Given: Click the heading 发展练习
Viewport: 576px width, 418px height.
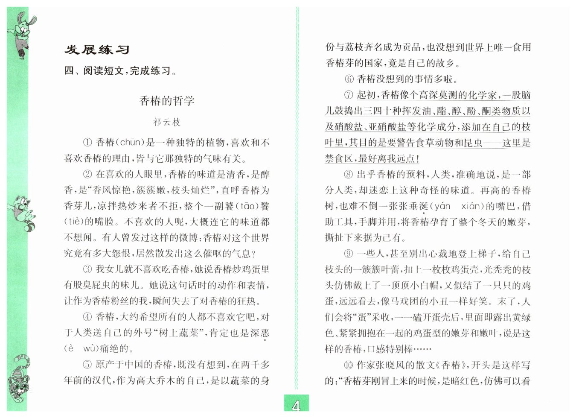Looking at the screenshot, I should click(x=97, y=50).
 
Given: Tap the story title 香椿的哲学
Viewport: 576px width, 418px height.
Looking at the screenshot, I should click(x=167, y=101).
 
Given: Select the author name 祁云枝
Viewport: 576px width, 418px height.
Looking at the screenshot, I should click(x=167, y=123).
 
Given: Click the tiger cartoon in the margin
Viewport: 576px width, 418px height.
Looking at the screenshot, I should click(x=19, y=380).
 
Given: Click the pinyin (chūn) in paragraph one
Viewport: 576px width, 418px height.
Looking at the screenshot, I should click(x=131, y=143).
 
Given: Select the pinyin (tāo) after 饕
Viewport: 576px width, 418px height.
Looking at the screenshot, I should click(x=248, y=206).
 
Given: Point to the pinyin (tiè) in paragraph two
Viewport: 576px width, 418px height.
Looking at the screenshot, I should click(x=74, y=222).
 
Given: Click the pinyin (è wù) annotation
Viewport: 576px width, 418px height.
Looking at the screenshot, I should click(x=81, y=349).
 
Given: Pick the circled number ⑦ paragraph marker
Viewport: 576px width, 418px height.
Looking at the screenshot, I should click(x=349, y=95).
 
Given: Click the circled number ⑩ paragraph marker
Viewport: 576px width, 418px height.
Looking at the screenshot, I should click(x=349, y=365).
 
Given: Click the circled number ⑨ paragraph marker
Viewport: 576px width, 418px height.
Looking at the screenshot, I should click(x=349, y=254).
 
